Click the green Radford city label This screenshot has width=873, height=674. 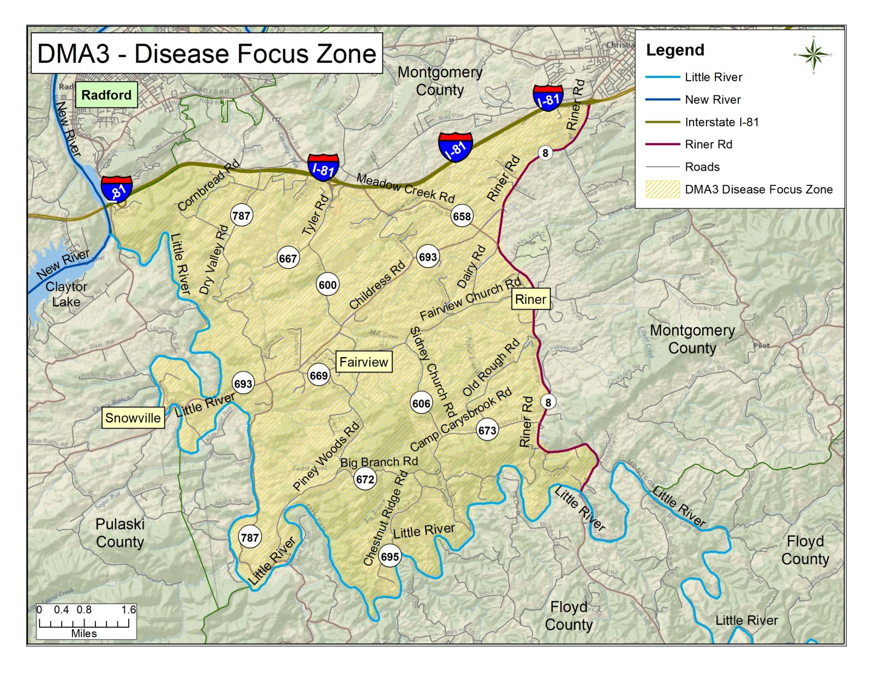click(x=106, y=95)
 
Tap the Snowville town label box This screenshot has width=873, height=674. click(x=133, y=418)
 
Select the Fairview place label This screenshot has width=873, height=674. click(x=363, y=362)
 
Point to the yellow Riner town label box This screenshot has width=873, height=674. click(x=530, y=299)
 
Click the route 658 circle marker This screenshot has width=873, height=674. click(x=462, y=216)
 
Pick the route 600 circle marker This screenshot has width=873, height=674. click(x=327, y=285)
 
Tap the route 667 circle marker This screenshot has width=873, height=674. click(x=288, y=258)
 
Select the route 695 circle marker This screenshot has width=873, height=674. click(x=390, y=556)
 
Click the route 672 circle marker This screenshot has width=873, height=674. click(x=365, y=479)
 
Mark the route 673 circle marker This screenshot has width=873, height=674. click(x=487, y=430)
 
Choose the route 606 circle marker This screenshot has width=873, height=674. click(x=421, y=403)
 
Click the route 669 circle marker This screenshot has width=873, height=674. click(x=319, y=375)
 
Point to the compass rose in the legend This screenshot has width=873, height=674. click(x=813, y=55)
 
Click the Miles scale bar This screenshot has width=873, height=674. click(x=85, y=622)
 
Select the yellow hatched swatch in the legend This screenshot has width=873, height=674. click(x=662, y=189)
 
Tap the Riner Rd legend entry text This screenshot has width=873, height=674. click(x=708, y=145)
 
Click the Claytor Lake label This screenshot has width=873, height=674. click(x=66, y=294)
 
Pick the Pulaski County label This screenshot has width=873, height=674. click(x=120, y=533)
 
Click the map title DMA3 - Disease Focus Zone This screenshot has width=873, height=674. click(x=207, y=53)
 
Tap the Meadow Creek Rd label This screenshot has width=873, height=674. click(x=405, y=188)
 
